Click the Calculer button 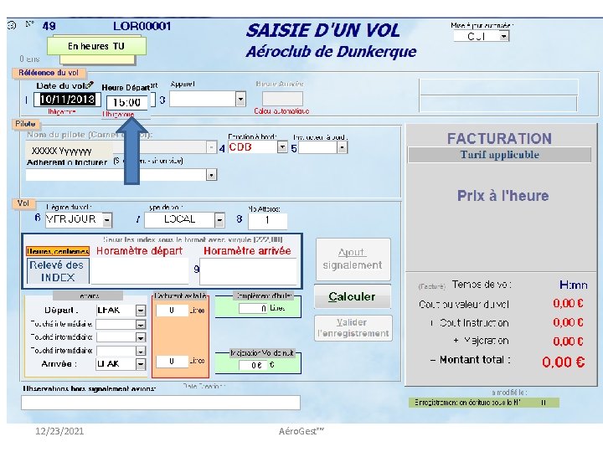[352, 297]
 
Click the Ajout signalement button [352, 259]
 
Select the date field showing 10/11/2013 [68, 100]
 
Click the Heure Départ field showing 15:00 [126, 101]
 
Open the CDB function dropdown [282, 147]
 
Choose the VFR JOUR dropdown [115, 219]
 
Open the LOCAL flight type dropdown [219, 219]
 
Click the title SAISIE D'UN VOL [322, 31]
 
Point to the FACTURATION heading [499, 139]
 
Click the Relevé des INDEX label [57, 270]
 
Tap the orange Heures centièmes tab [58, 250]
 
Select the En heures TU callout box [95, 46]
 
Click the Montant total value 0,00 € [563, 362]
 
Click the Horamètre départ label [139, 250]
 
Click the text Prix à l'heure [502, 196]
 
